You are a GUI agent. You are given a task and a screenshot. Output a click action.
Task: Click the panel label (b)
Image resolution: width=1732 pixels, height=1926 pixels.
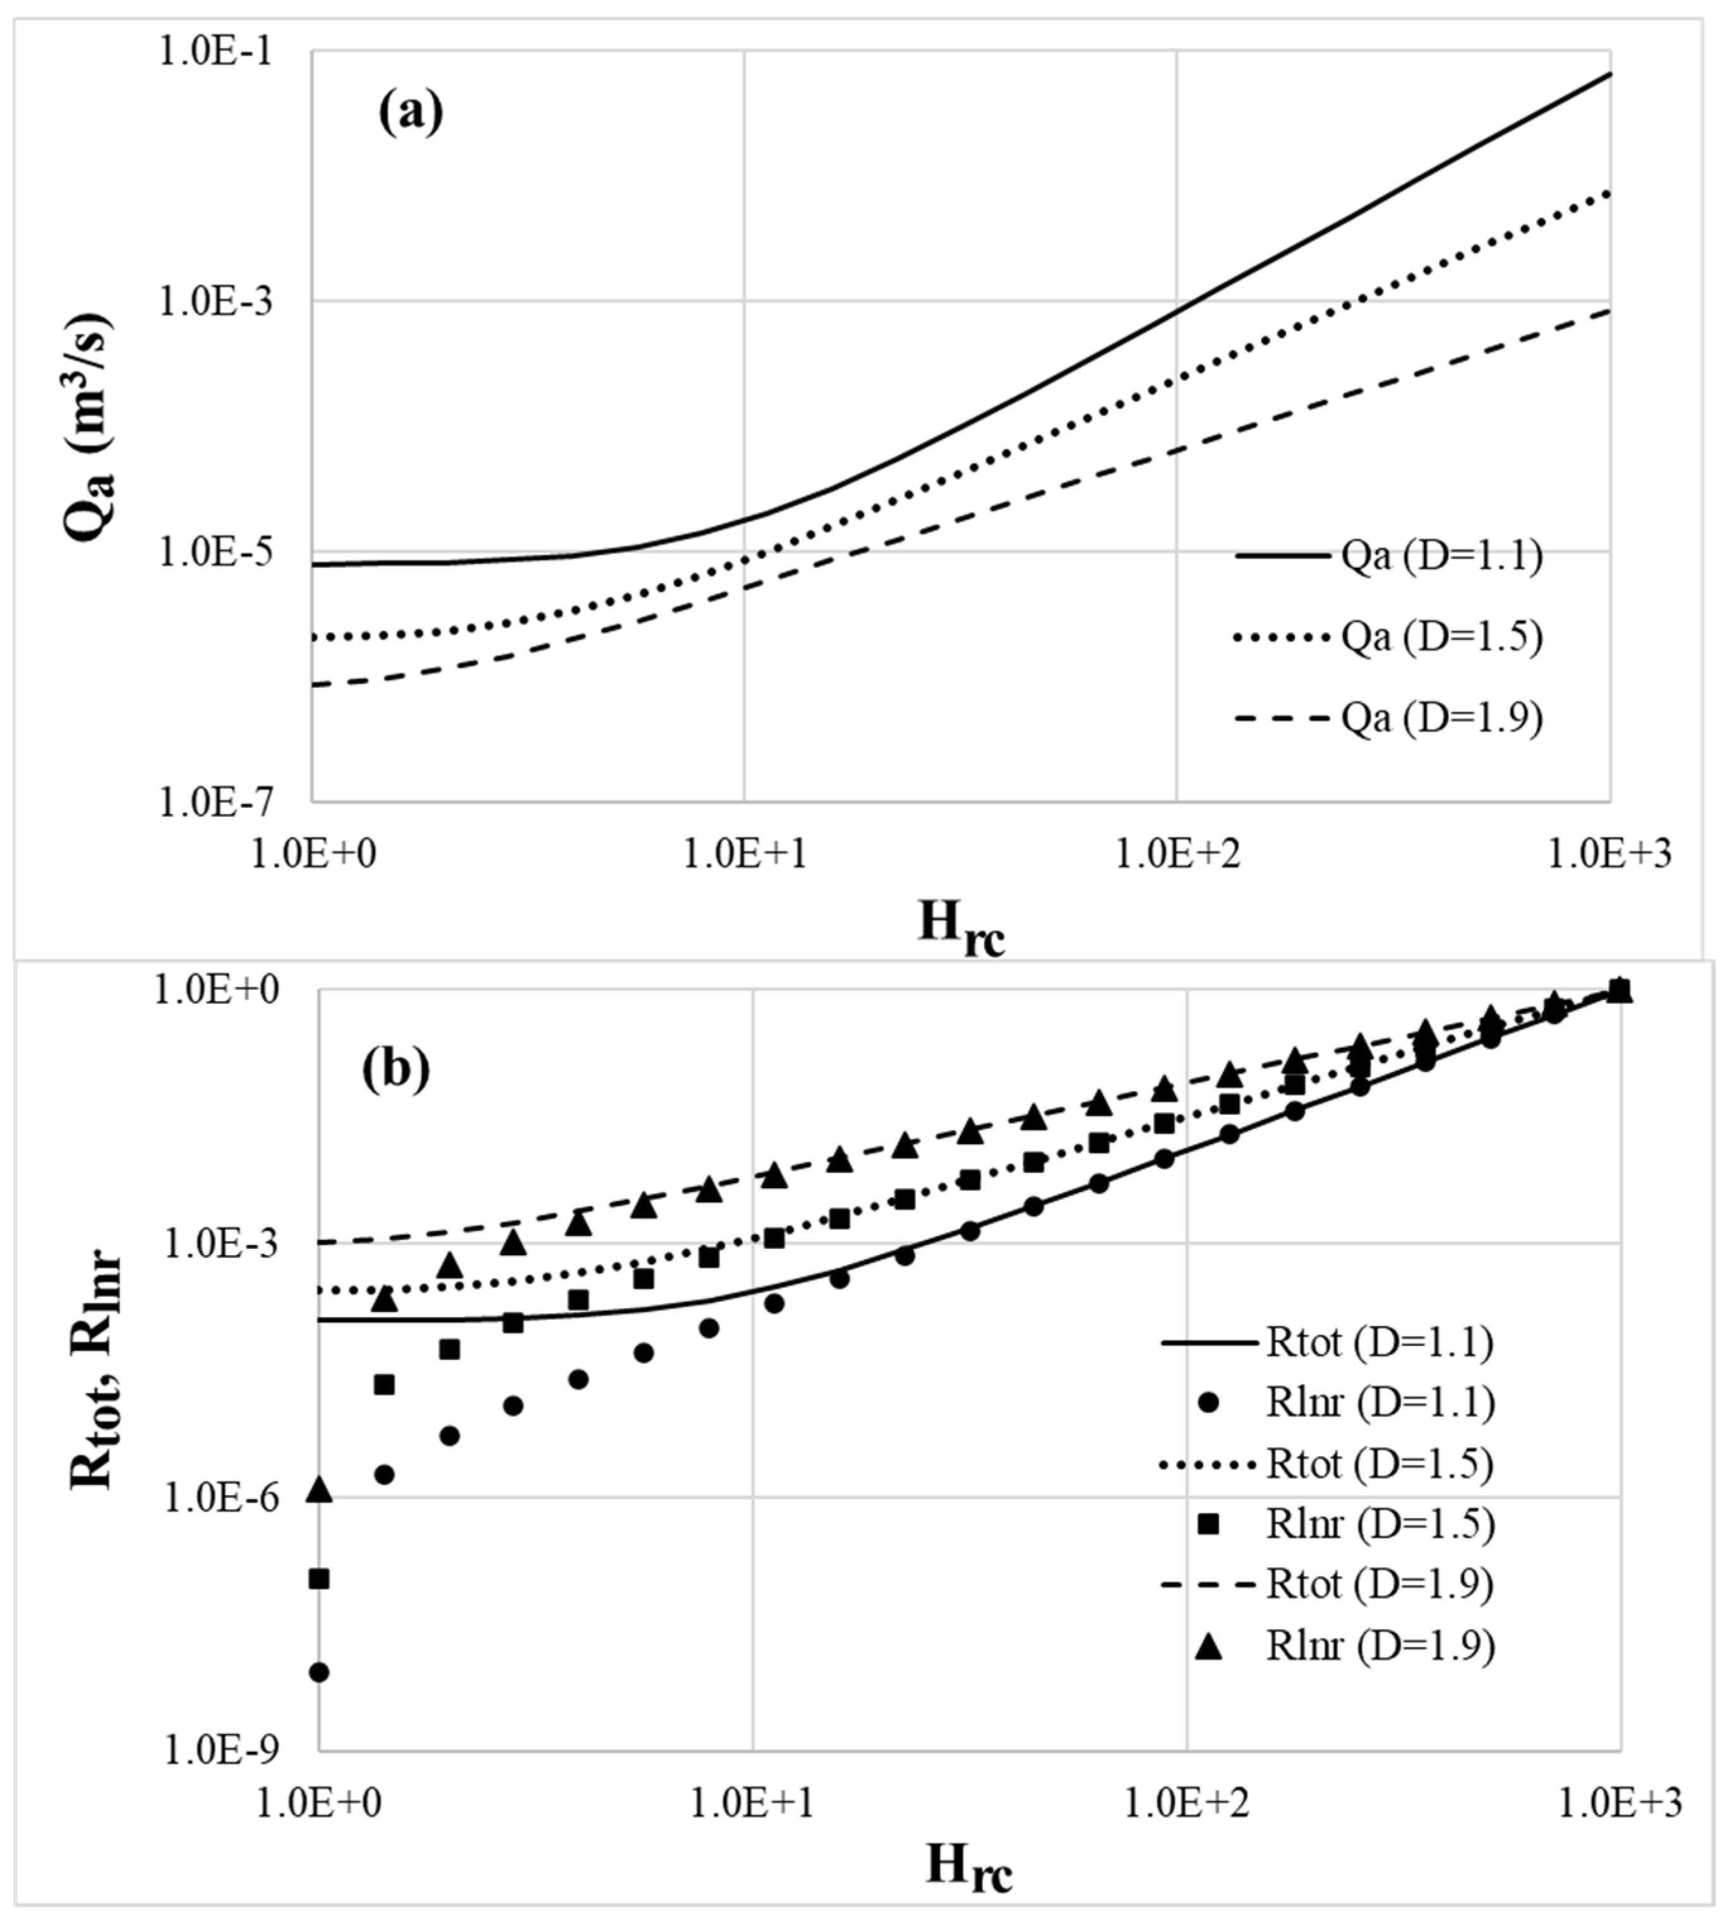click(x=396, y=1069)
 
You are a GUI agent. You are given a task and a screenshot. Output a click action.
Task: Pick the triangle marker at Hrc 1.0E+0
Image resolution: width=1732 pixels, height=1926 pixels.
click(x=320, y=1490)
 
